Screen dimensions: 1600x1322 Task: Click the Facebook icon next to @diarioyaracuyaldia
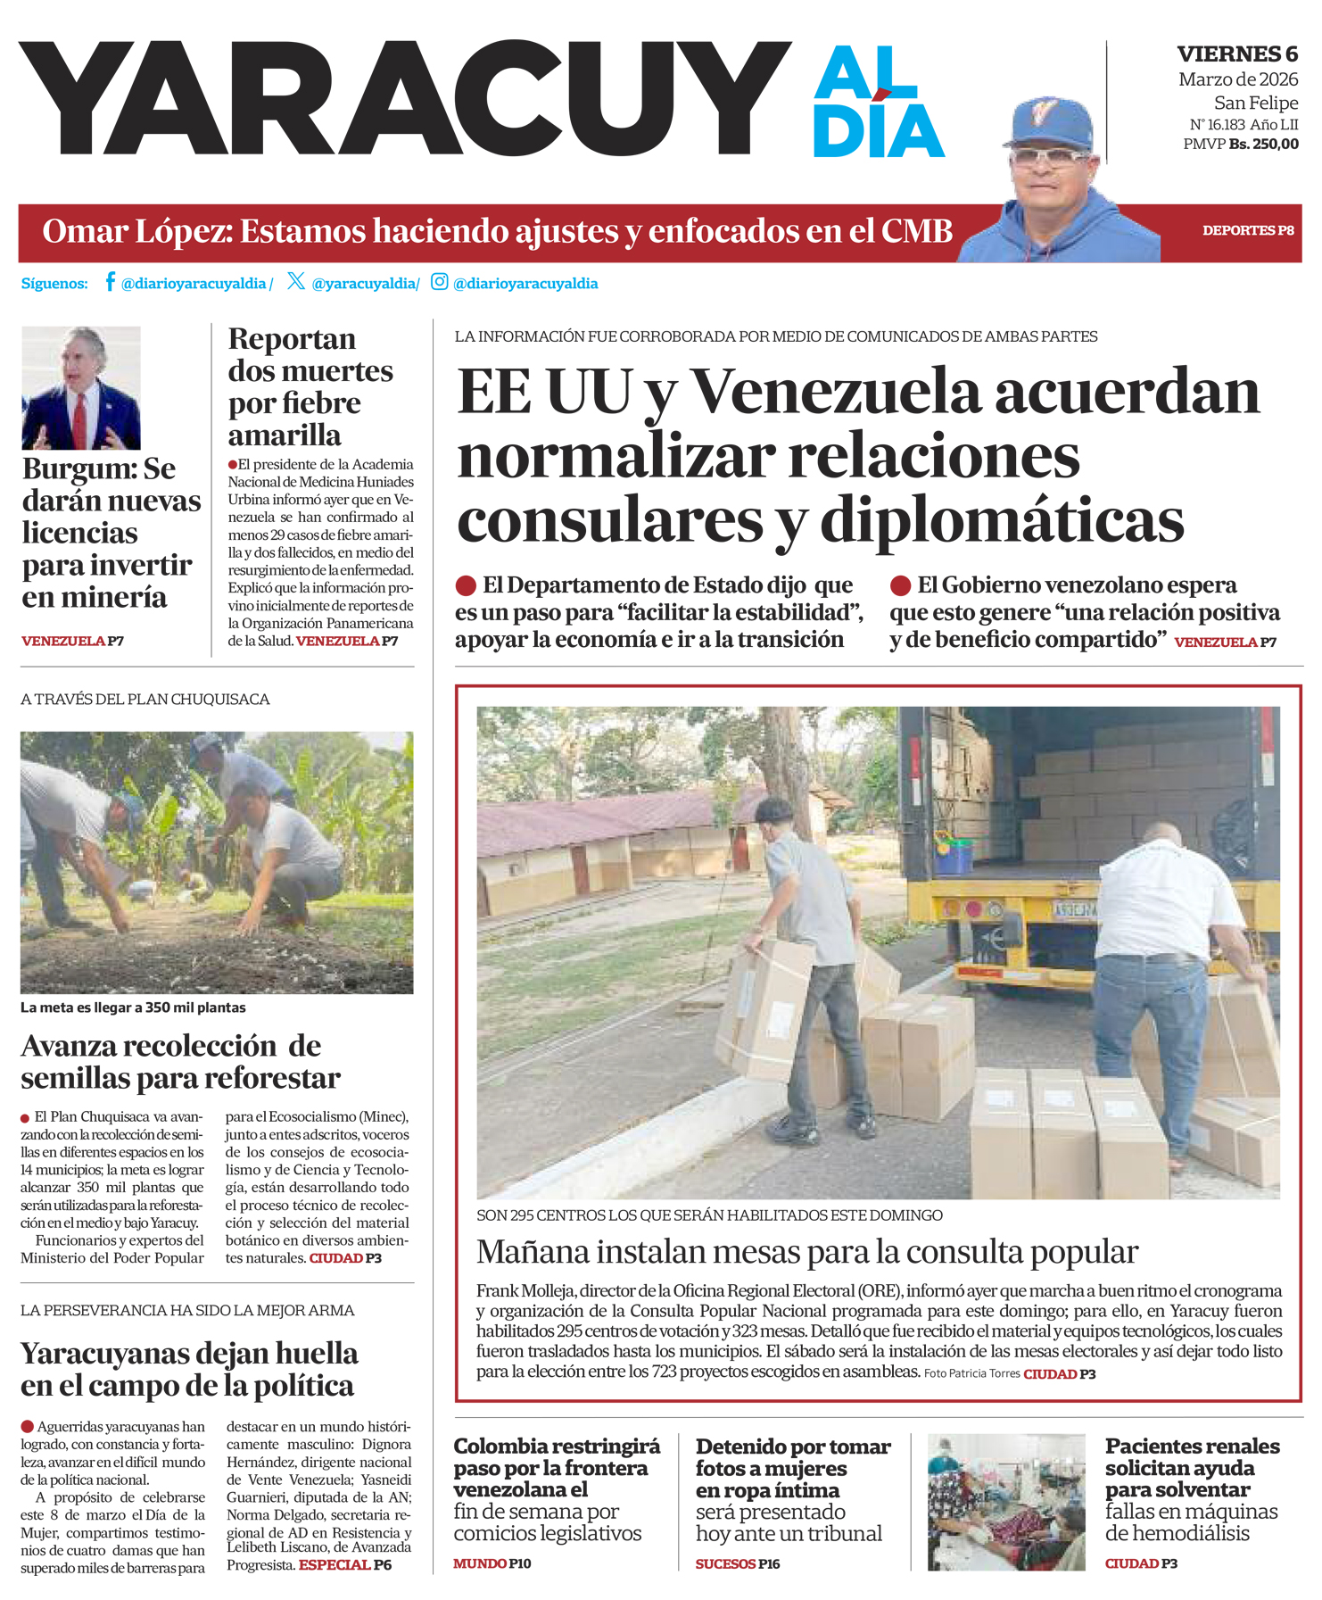coord(110,282)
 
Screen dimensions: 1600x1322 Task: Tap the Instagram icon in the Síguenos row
coord(439,282)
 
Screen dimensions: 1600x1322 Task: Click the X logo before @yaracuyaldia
coord(296,282)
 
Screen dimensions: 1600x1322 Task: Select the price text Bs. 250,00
coord(1263,145)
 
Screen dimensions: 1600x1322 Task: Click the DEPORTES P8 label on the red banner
coord(1247,230)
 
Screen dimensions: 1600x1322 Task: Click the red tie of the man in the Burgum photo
coord(80,419)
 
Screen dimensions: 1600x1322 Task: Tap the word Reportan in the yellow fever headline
coord(292,339)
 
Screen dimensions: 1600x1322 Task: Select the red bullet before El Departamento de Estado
coord(465,585)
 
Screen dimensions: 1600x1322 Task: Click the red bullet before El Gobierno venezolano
coord(900,585)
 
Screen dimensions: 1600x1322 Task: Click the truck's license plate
coord(1075,909)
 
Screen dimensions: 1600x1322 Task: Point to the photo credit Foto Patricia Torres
coord(971,1373)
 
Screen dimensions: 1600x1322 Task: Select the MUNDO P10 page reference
coord(492,1563)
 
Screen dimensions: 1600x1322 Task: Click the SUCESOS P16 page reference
coord(737,1563)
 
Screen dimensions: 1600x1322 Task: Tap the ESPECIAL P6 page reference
coord(344,1564)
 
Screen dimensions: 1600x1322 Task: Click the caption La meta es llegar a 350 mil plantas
coord(133,1007)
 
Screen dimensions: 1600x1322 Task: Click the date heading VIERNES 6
coord(1236,54)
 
